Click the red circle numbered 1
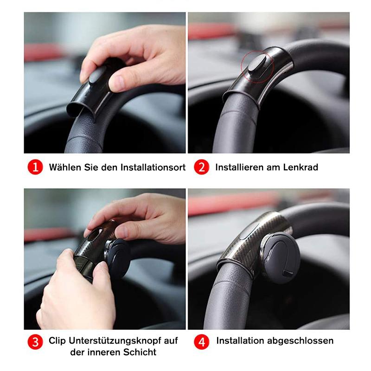(x=35, y=167)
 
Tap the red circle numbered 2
(x=201, y=167)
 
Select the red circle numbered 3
(x=35, y=342)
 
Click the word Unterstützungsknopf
(x=123, y=341)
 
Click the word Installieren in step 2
(x=238, y=167)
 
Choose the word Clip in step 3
(x=58, y=341)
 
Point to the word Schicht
(x=139, y=352)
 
